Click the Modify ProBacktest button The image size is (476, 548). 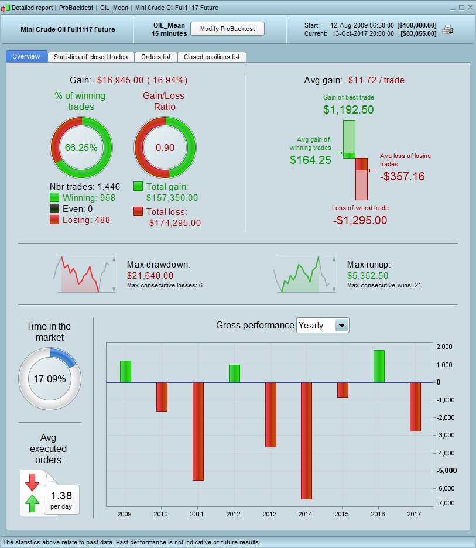click(x=227, y=29)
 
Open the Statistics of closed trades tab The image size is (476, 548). click(x=91, y=57)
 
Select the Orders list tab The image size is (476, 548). click(x=156, y=57)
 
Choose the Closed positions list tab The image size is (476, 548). click(x=211, y=57)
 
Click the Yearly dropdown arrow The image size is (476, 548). click(x=341, y=326)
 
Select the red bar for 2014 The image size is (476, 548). click(x=306, y=440)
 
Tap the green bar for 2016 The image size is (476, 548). click(x=379, y=366)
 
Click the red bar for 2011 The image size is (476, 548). click(x=198, y=431)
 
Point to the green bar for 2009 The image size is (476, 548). click(x=125, y=371)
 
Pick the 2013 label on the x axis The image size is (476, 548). click(x=270, y=513)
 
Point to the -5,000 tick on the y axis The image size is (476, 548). click(x=447, y=471)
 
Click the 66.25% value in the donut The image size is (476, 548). click(x=81, y=148)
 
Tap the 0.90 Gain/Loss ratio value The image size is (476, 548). click(x=165, y=148)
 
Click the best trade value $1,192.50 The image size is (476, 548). click(x=348, y=109)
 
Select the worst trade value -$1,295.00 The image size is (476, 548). click(x=360, y=221)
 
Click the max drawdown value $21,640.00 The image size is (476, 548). click(x=150, y=275)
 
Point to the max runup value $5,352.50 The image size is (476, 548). click(x=368, y=275)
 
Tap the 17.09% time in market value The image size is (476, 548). click(x=49, y=379)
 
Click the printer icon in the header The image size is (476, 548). click(x=447, y=29)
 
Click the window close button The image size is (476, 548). click(x=470, y=7)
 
